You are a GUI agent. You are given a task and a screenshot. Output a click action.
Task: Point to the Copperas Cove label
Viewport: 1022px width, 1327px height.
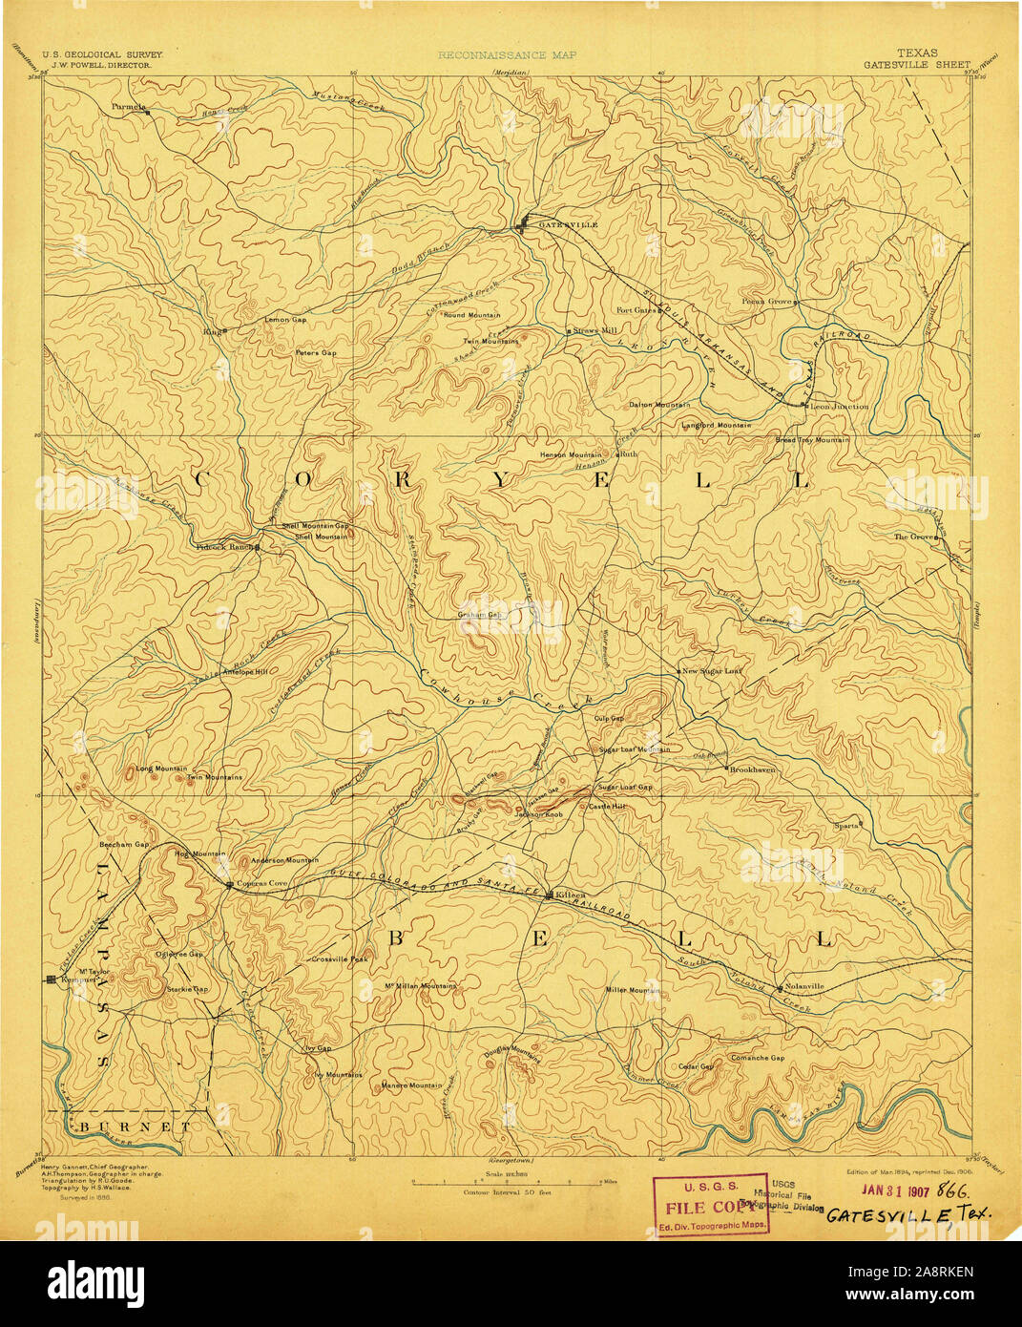click(261, 884)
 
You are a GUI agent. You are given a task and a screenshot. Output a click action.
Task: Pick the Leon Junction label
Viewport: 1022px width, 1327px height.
click(840, 406)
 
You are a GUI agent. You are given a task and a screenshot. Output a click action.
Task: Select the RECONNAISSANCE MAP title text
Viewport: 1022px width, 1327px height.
click(507, 55)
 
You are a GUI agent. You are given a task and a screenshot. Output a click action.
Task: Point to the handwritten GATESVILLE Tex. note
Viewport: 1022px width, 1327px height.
click(907, 1214)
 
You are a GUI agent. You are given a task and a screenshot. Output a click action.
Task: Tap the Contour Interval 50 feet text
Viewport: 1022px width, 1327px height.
click(507, 1192)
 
